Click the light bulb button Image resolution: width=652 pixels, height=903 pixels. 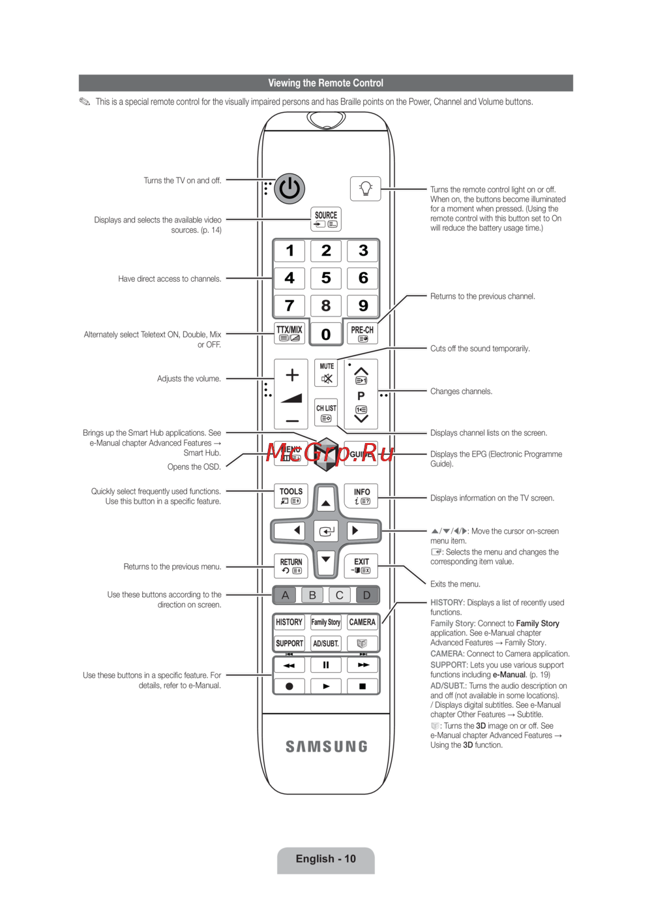click(365, 189)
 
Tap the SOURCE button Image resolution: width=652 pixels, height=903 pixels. click(326, 219)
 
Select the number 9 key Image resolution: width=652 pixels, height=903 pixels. click(363, 305)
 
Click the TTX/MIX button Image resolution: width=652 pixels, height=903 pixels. click(289, 333)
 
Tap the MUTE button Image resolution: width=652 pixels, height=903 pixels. click(327, 373)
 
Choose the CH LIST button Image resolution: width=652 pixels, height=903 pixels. click(326, 412)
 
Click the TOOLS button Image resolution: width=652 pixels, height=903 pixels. click(291, 496)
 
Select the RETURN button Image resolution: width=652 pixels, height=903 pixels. click(291, 566)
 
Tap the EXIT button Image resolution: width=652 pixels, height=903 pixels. click(361, 566)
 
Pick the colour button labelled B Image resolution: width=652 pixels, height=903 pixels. click(312, 595)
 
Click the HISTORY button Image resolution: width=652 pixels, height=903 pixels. click(289, 622)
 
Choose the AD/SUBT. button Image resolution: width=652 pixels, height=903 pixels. click(326, 643)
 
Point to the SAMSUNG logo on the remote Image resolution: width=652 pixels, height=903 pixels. click(327, 746)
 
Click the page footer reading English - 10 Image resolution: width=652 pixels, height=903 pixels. click(326, 859)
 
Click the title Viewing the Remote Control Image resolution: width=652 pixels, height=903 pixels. click(326, 83)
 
